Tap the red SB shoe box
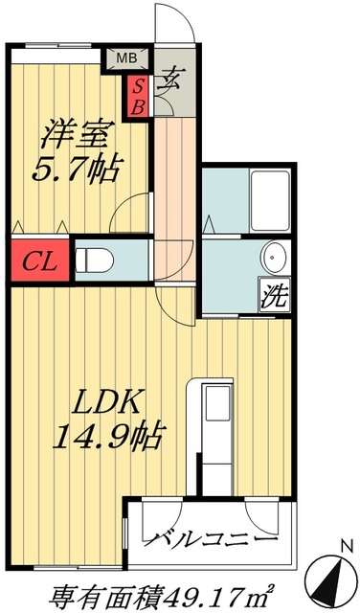pos(138,96)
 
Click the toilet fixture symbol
pos(95,260)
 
